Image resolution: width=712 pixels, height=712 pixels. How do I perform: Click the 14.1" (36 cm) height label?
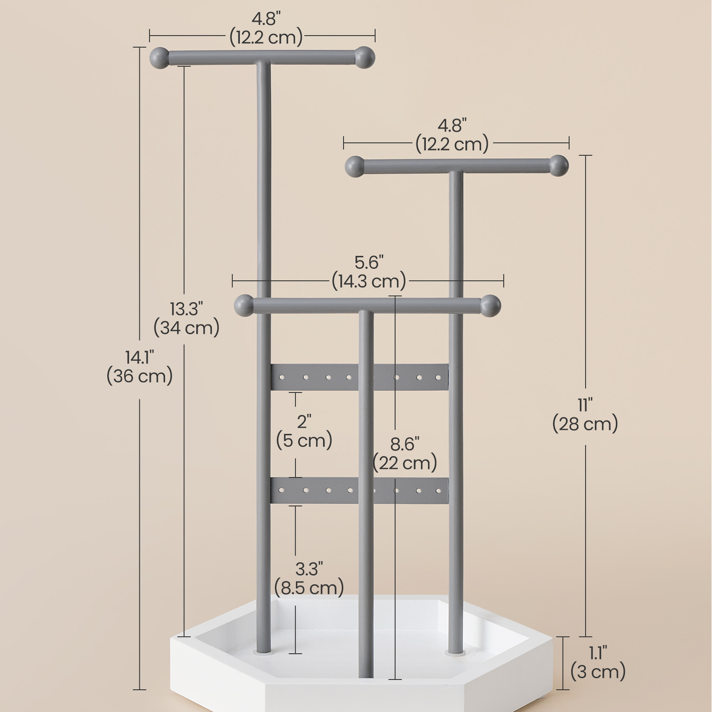pyautogui.click(x=140, y=366)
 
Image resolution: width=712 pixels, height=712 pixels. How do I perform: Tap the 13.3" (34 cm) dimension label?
pyautogui.click(x=187, y=319)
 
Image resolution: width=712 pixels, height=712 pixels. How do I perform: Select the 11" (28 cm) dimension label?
pyautogui.click(x=585, y=415)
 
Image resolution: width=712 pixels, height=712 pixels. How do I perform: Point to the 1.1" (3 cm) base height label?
pyautogui.click(x=598, y=663)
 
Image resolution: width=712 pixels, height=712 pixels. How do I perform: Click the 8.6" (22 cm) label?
pyautogui.click(x=405, y=454)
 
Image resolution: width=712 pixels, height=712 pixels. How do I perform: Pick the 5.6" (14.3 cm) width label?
pyautogui.click(x=369, y=272)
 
